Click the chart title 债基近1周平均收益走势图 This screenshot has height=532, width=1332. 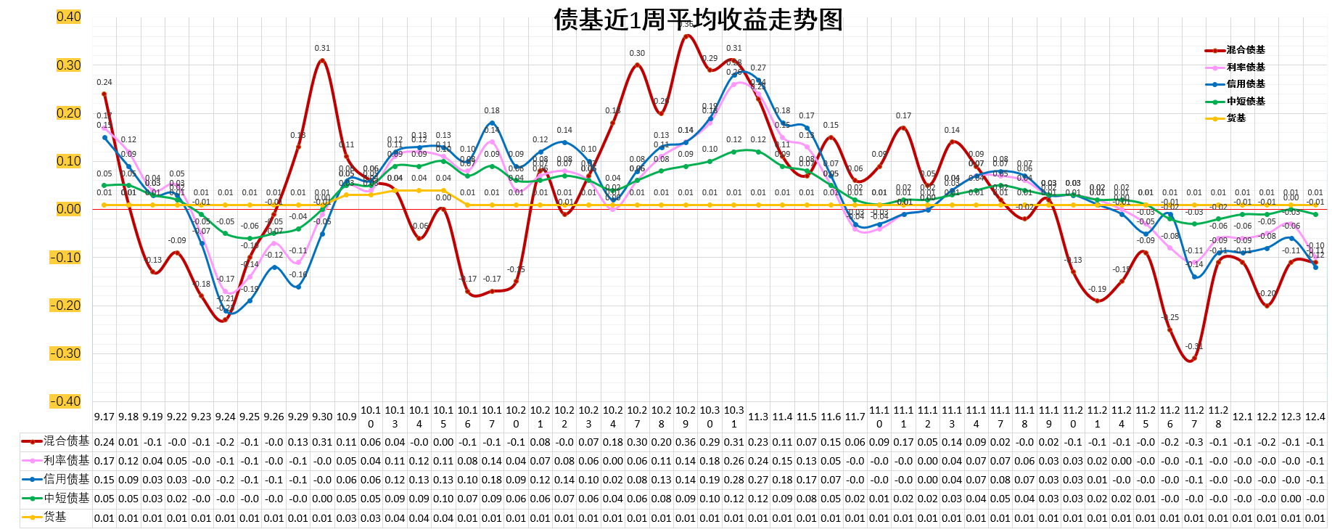[698, 20]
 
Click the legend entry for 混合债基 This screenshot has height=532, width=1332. [1245, 50]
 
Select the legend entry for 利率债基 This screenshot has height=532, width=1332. [1245, 67]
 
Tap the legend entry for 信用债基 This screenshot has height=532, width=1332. [1245, 84]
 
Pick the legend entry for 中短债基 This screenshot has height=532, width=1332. [1245, 102]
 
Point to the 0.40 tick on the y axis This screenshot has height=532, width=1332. [68, 17]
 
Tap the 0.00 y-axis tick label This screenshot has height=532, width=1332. [68, 209]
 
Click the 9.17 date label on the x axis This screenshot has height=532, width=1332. [104, 417]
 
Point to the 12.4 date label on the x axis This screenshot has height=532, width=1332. [1315, 417]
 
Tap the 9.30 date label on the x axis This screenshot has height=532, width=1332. [322, 417]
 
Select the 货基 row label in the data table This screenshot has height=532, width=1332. [55, 517]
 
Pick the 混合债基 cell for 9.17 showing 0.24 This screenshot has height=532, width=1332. [104, 442]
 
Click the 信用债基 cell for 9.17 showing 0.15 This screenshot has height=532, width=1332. [104, 480]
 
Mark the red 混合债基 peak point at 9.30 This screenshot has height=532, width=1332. [322, 60]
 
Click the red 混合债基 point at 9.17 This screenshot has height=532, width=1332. [104, 94]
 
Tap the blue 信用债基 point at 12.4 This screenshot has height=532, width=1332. [1315, 267]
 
